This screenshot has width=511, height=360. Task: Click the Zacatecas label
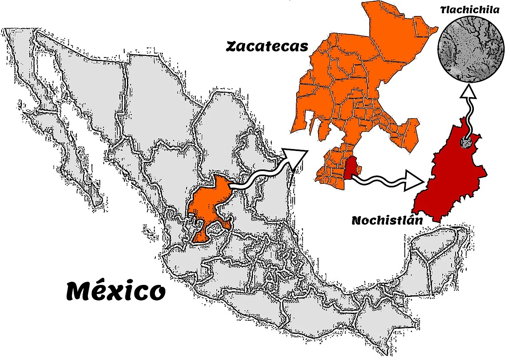tap(267, 46)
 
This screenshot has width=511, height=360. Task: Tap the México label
tap(115, 290)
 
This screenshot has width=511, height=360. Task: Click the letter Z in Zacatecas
tap(232, 47)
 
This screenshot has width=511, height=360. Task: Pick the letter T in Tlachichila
tap(443, 10)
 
